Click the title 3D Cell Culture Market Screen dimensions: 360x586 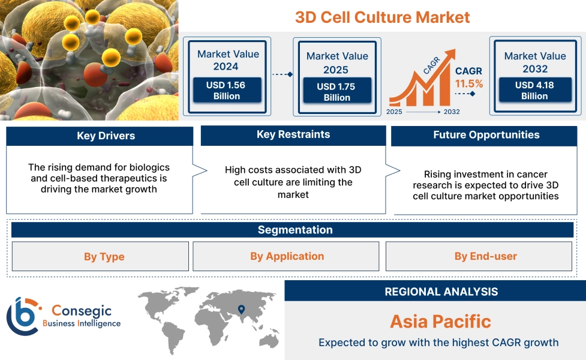(x=382, y=17)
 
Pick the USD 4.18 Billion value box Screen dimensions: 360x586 (x=534, y=90)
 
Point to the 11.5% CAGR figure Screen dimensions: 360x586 (x=468, y=84)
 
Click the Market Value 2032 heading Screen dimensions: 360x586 (x=534, y=62)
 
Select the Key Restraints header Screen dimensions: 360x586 (x=293, y=135)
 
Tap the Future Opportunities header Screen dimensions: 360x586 (x=486, y=135)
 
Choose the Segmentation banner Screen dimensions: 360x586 (x=294, y=230)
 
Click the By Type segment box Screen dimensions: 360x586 (x=104, y=257)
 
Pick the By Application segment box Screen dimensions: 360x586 (x=287, y=256)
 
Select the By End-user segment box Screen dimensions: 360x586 (x=485, y=256)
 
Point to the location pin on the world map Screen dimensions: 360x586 (x=241, y=310)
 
